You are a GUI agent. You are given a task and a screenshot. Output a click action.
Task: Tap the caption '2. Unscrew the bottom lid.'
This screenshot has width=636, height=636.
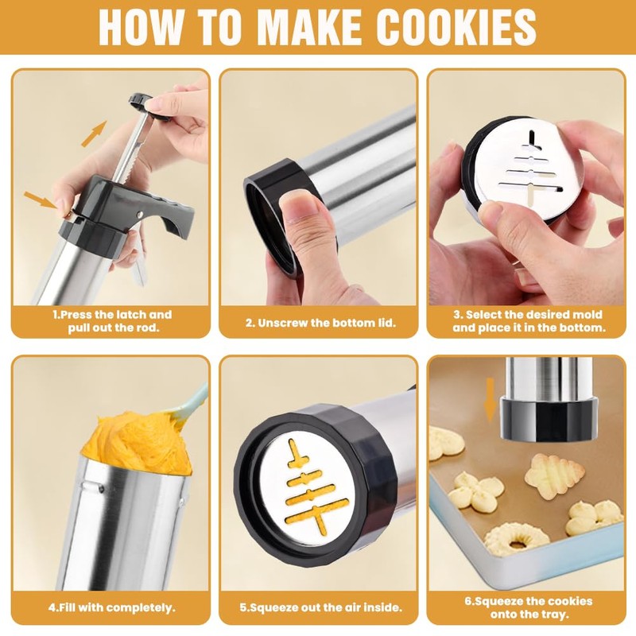click(x=320, y=322)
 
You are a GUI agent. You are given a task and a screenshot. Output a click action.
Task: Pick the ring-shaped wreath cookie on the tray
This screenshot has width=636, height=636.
click(x=516, y=541)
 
